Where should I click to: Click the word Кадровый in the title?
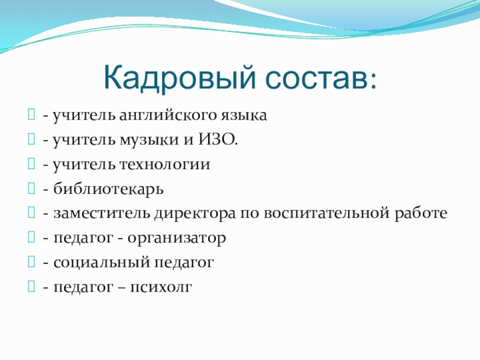tap(179, 78)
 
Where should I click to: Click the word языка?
tap(244, 115)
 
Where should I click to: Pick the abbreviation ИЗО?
tap(218, 140)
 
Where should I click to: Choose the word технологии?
tap(164, 164)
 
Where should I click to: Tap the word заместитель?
tap(101, 213)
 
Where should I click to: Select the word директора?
tap(195, 214)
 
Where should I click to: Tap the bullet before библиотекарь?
tap(31, 188)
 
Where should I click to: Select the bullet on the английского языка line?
tap(31, 115)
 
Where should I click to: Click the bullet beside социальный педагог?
tap(31, 262)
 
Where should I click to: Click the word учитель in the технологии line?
tap(84, 164)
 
